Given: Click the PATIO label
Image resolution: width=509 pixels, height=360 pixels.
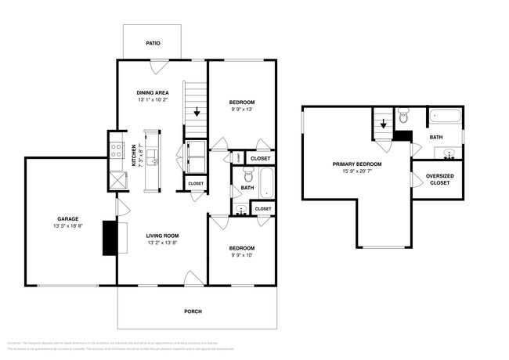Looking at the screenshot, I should click(153, 43).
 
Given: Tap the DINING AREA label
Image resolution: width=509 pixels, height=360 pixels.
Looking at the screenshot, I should click(153, 92).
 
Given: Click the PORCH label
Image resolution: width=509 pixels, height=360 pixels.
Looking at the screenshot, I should click(193, 311).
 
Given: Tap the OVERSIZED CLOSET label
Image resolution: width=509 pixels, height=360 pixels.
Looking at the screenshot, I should click(439, 179).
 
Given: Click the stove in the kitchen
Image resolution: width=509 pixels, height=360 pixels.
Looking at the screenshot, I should click(116, 149).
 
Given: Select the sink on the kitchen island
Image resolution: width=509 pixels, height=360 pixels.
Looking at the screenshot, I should click(155, 162).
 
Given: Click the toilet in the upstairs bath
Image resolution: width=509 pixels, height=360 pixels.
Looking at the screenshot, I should click(403, 118).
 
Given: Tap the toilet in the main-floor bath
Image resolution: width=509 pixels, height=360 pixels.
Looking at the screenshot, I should click(248, 177).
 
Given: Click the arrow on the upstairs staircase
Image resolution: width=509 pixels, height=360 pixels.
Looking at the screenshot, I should click(383, 124).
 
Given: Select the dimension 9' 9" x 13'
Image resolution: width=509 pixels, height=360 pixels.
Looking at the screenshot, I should click(242, 110).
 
